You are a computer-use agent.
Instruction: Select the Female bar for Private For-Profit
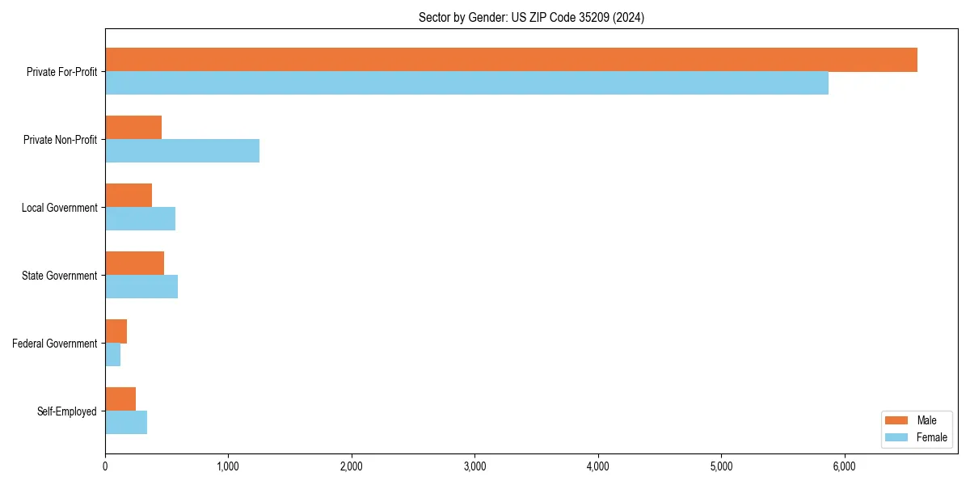[x=466, y=83]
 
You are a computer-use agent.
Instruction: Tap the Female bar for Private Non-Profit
[x=182, y=151]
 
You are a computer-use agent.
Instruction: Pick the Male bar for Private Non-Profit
[x=133, y=128]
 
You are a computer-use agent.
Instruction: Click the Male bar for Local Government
[x=129, y=196]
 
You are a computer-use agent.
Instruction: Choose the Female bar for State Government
[x=141, y=287]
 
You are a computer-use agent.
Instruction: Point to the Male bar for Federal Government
[x=116, y=331]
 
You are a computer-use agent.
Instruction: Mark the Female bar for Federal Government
[x=112, y=355]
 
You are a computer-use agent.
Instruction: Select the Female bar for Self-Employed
[x=126, y=423]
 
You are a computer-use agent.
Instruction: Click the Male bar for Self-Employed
[x=120, y=399]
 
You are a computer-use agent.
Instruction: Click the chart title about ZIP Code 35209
[x=531, y=17]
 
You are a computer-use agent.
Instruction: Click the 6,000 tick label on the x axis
[x=844, y=466]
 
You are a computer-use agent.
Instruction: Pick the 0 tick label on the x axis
[x=105, y=466]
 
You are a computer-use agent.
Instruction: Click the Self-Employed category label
[x=66, y=411]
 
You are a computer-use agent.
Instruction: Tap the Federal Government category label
[x=54, y=344]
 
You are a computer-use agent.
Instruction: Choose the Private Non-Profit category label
[x=60, y=140]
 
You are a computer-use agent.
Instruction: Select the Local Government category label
[x=59, y=208]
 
